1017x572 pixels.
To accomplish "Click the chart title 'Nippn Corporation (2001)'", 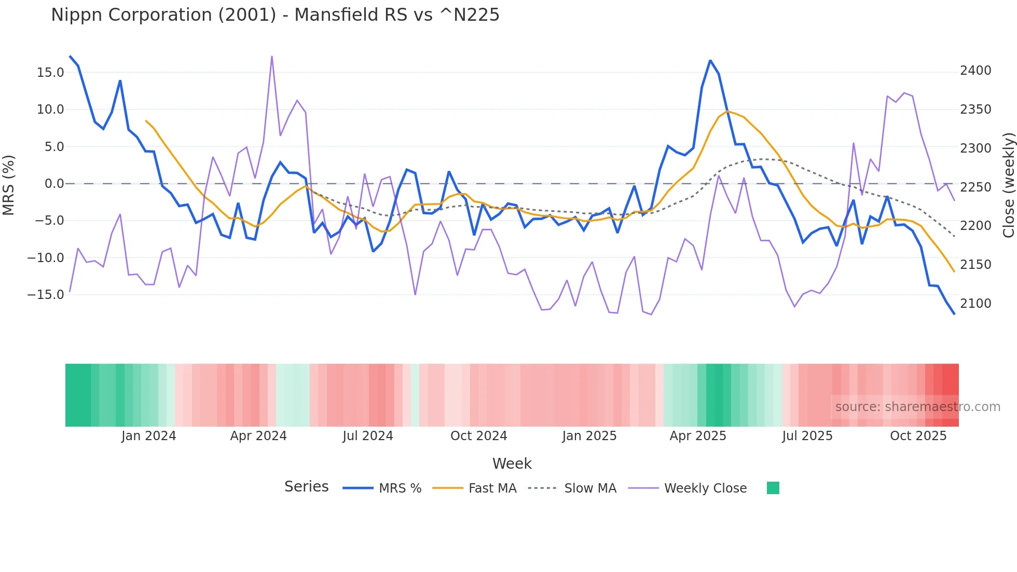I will coord(275,15).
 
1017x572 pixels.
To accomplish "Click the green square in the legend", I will coord(773,488).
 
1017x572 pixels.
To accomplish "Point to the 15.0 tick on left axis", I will coord(50,73).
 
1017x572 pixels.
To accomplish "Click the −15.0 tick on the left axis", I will coord(46,295).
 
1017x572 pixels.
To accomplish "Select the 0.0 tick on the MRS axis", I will coord(54,184).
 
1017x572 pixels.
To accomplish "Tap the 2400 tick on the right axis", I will coord(975,71).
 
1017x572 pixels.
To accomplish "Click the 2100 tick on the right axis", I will coord(975,304).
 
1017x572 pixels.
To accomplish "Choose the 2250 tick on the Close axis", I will coord(975,187).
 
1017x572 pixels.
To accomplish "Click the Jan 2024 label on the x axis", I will coord(149,436).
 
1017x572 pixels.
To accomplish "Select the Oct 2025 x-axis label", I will coord(918,436).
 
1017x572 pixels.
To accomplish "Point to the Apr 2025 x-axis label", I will coord(697,436).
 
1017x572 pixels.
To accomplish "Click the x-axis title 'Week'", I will coord(512,464).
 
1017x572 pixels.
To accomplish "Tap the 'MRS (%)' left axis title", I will coord(9,185).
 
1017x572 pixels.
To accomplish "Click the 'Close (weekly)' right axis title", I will coord(1008,185).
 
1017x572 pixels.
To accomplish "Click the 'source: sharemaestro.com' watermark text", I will coord(917,407).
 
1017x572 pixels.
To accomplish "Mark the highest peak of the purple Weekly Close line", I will coord(272,57).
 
